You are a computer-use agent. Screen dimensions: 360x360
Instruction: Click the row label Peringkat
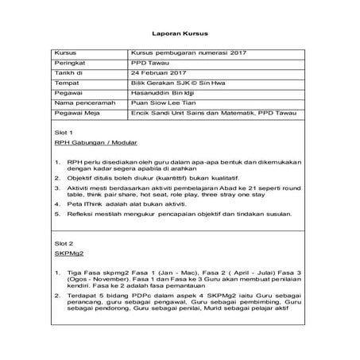[69, 60]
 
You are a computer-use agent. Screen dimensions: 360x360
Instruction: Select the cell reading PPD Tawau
[146, 60]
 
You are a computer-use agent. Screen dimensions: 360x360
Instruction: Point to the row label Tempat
[66, 81]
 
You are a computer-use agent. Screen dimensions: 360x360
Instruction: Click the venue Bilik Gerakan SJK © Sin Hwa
[173, 81]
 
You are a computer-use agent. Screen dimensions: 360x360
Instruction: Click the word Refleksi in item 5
[82, 215]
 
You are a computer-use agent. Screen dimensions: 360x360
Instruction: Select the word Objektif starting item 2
[83, 180]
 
